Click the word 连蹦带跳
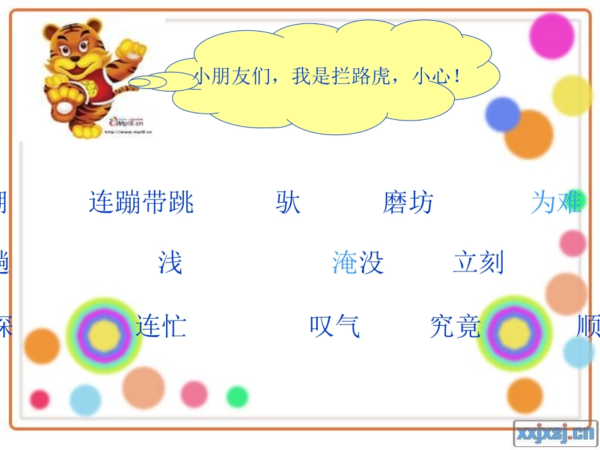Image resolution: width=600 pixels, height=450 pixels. [141, 203]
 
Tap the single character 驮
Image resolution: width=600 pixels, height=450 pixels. [288, 203]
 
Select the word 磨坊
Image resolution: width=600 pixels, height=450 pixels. [408, 203]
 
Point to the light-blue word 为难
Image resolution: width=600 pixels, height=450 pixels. [556, 203]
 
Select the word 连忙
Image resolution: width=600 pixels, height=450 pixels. [161, 326]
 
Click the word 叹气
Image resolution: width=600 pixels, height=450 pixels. [335, 326]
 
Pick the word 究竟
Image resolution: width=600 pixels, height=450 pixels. [455, 326]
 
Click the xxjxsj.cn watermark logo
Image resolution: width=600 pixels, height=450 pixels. [555, 433]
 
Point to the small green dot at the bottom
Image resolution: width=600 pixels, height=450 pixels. [237, 396]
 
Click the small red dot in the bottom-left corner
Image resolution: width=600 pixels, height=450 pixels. [40, 399]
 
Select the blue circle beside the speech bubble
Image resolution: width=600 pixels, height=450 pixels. [502, 114]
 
